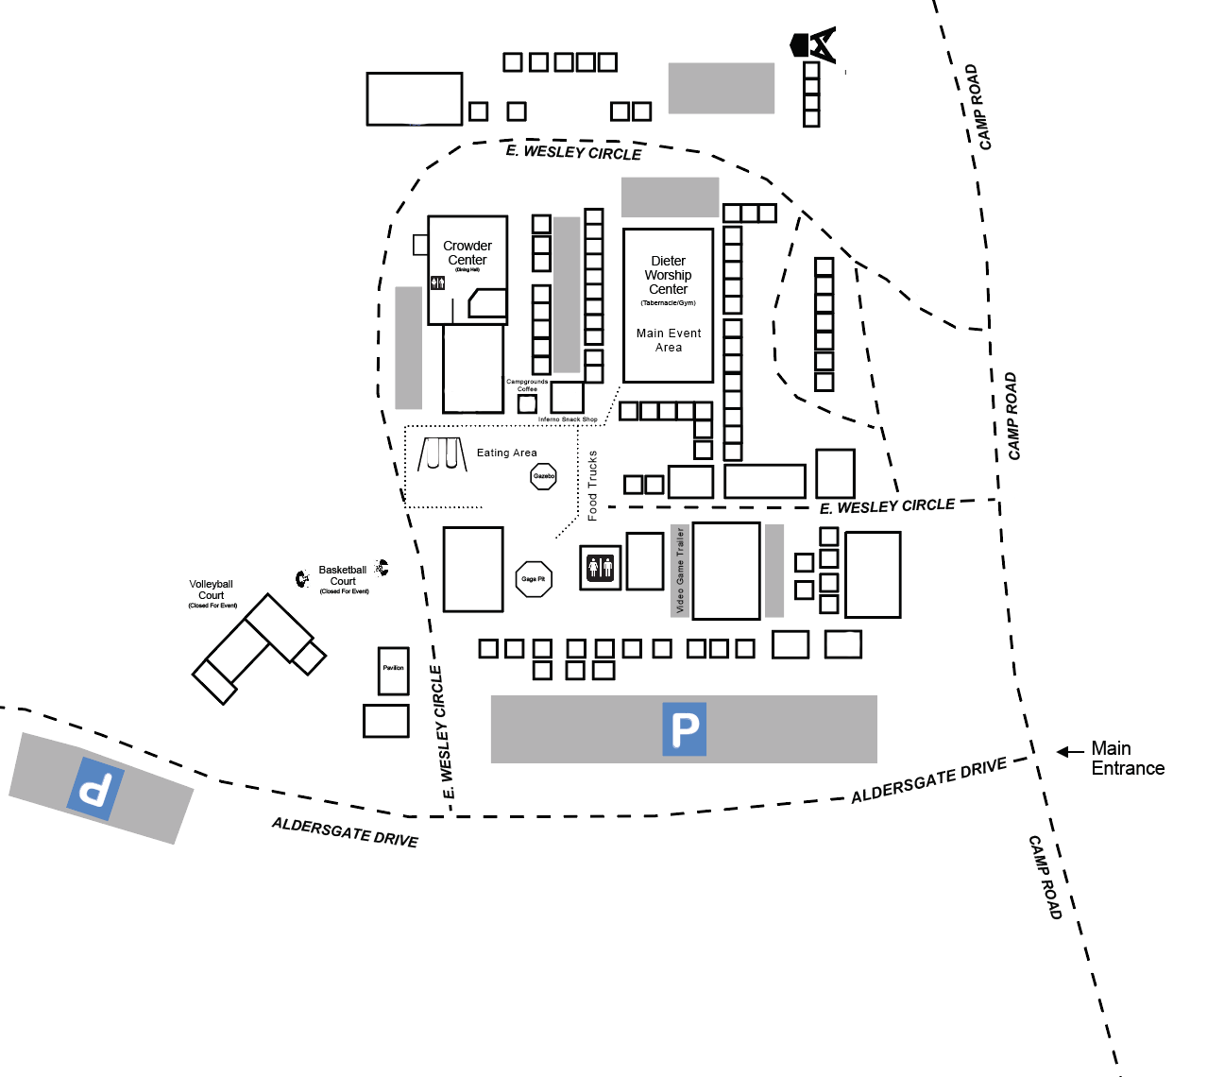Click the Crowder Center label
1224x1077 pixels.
467,253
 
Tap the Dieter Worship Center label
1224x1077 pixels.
668,275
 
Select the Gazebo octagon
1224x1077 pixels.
544,476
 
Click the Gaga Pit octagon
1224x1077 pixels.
534,579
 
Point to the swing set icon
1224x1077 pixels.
443,454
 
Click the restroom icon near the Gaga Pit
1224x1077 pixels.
600,567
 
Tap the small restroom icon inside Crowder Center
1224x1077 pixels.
437,282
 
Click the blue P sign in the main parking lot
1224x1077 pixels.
685,729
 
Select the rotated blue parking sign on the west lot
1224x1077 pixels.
95,788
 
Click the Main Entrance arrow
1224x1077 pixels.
1070,752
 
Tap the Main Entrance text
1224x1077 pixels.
1127,759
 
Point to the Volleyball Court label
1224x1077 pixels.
211,590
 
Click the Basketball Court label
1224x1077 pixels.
343,575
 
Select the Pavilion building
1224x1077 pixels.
393,671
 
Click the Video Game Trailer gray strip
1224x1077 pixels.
679,571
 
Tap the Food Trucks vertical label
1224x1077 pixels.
592,486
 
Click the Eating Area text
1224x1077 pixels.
506,453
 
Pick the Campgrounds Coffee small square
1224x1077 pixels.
527,403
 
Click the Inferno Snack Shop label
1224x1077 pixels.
568,419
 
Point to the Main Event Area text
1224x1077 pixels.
669,340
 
